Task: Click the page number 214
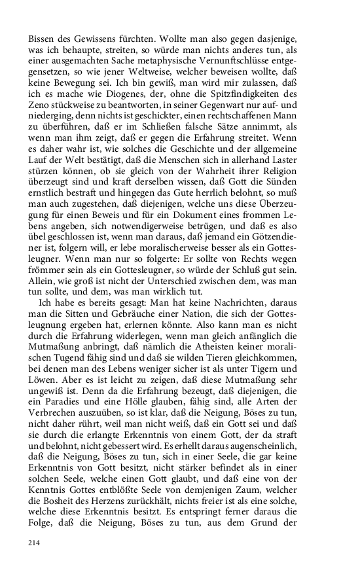35,543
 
